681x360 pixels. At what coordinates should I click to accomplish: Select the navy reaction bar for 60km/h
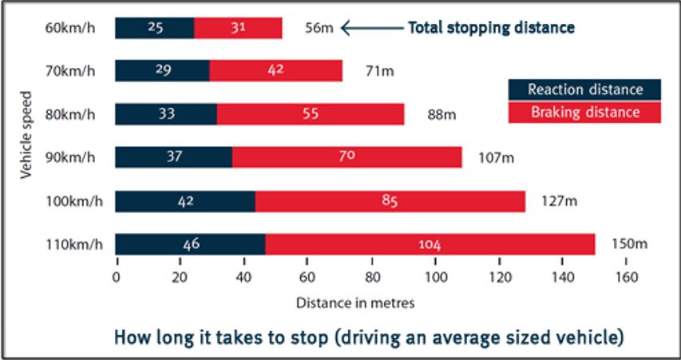pyautogui.click(x=155, y=28)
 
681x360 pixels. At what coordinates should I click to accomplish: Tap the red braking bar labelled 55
pyautogui.click(x=311, y=114)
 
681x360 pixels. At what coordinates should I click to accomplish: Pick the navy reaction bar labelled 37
pyautogui.click(x=174, y=157)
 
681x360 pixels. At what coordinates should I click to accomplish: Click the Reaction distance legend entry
pyautogui.click(x=584, y=89)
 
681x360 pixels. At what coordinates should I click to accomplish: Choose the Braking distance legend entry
pyautogui.click(x=584, y=113)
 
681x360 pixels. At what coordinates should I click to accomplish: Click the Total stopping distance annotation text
pyautogui.click(x=491, y=27)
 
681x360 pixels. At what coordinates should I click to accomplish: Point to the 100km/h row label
pyautogui.click(x=70, y=200)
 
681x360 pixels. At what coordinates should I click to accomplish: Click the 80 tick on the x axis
pyautogui.click(x=371, y=279)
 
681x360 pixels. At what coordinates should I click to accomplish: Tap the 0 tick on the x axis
pyautogui.click(x=117, y=279)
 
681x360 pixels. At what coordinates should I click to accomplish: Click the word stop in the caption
pyautogui.click(x=304, y=337)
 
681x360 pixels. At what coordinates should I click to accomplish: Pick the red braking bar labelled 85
pyautogui.click(x=390, y=201)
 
